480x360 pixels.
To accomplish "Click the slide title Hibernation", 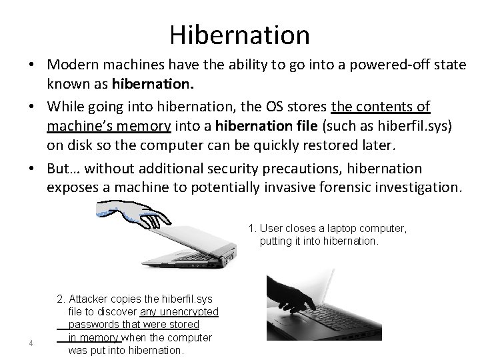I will [x=239, y=34].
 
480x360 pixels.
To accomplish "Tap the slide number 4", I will [x=31, y=343].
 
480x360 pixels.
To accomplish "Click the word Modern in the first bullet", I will [x=76, y=65].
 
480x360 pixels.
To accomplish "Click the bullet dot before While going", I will [x=31, y=107].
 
